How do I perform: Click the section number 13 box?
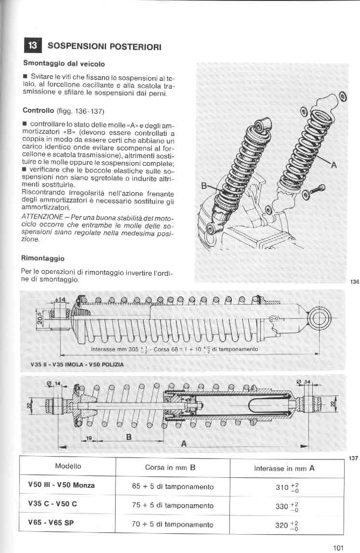point(32,45)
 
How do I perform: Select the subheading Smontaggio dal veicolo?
point(64,63)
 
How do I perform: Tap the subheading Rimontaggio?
point(43,258)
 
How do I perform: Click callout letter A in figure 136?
point(333,165)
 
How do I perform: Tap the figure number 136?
point(354,282)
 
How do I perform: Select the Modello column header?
point(68,466)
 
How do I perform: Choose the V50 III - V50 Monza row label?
point(61,485)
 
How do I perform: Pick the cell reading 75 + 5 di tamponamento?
point(173,505)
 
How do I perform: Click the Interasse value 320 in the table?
point(282,525)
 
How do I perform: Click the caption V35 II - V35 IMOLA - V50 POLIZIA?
point(77,364)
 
